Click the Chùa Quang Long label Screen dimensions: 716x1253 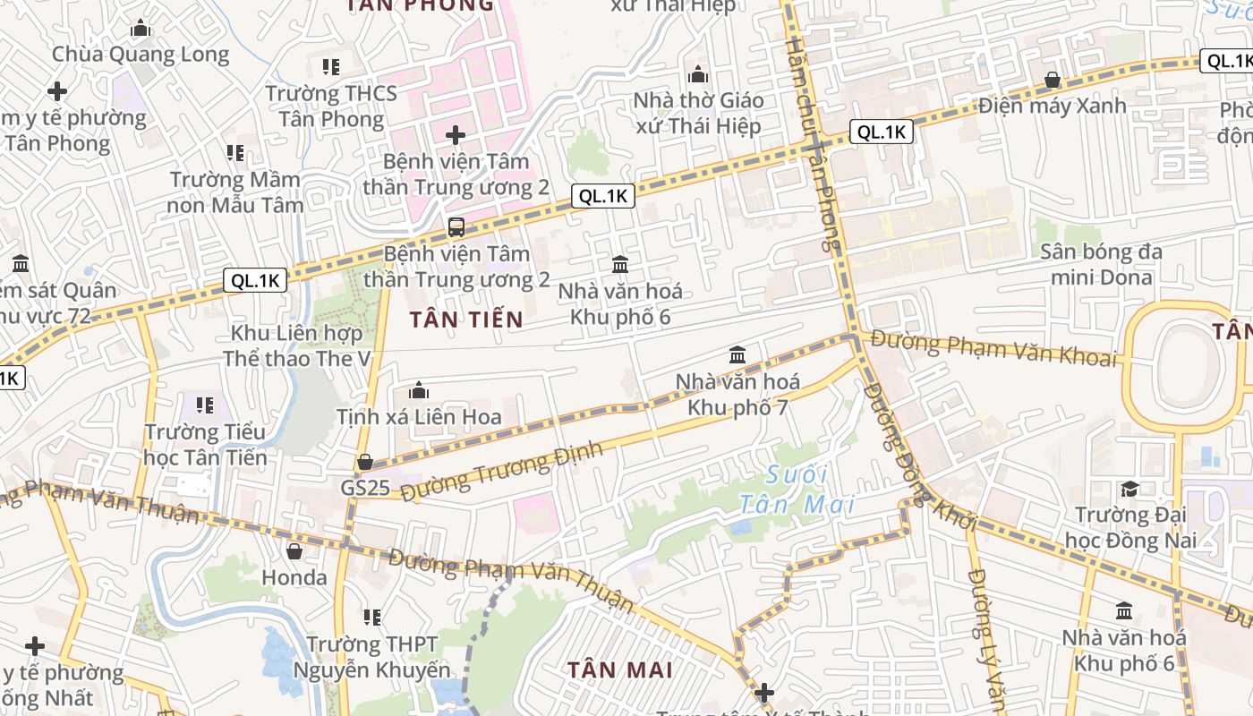tap(141, 54)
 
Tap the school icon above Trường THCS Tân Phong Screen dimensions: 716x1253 tap(331, 66)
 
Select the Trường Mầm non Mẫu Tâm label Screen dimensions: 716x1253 tap(235, 192)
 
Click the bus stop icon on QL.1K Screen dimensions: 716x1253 tap(456, 226)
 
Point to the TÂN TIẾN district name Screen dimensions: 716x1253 tap(466, 319)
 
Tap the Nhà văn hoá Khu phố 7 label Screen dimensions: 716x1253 tap(737, 395)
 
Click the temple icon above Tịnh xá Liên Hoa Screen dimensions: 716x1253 tap(418, 390)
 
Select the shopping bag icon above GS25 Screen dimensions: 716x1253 tap(364, 462)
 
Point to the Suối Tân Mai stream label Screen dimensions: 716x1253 tap(797, 490)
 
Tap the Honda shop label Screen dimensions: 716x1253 tap(294, 577)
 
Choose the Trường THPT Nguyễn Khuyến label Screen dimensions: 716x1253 tap(372, 656)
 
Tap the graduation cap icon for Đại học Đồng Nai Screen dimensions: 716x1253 tap(1129, 489)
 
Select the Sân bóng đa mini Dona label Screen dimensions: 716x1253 tap(1101, 264)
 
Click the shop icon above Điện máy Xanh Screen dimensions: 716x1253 tap(1053, 80)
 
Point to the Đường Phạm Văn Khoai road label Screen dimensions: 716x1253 tap(993, 348)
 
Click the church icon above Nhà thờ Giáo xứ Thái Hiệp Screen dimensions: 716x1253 tap(698, 73)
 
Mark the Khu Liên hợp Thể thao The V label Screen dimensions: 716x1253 tap(297, 345)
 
